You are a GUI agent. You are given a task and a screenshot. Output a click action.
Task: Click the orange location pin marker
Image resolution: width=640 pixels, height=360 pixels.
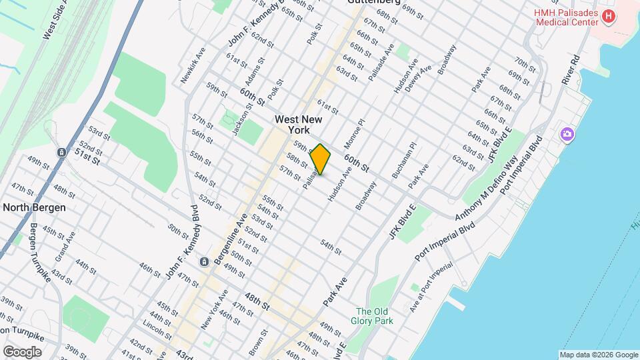[321, 159]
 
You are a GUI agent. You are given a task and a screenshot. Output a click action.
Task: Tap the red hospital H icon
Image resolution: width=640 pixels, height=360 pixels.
[607, 16]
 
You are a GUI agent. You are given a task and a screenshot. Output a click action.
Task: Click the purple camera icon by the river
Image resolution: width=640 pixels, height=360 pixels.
[567, 135]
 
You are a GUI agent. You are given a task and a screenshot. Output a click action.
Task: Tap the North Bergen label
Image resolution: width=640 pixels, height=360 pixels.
[34, 207]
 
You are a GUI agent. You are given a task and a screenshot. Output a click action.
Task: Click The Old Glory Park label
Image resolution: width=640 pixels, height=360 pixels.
[374, 316]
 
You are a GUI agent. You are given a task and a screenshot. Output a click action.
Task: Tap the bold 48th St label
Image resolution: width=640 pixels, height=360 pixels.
[257, 301]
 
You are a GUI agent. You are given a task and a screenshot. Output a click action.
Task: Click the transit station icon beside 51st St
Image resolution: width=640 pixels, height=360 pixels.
[61, 152]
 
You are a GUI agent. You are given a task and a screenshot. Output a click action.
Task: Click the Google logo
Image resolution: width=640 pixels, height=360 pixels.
[22, 351]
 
